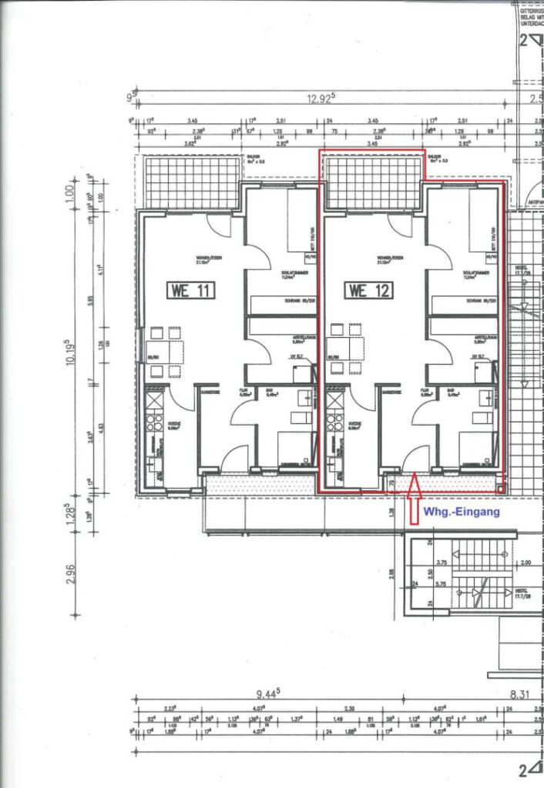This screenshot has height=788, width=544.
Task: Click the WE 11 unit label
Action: pyautogui.click(x=190, y=291)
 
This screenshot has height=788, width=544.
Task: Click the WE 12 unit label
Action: pyautogui.click(x=369, y=291)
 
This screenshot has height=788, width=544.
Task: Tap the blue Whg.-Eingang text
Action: pyautogui.click(x=462, y=511)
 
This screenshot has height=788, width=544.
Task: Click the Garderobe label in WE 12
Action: pyautogui.click(x=391, y=392)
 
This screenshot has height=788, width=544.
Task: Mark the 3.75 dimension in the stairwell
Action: pyautogui.click(x=442, y=563)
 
